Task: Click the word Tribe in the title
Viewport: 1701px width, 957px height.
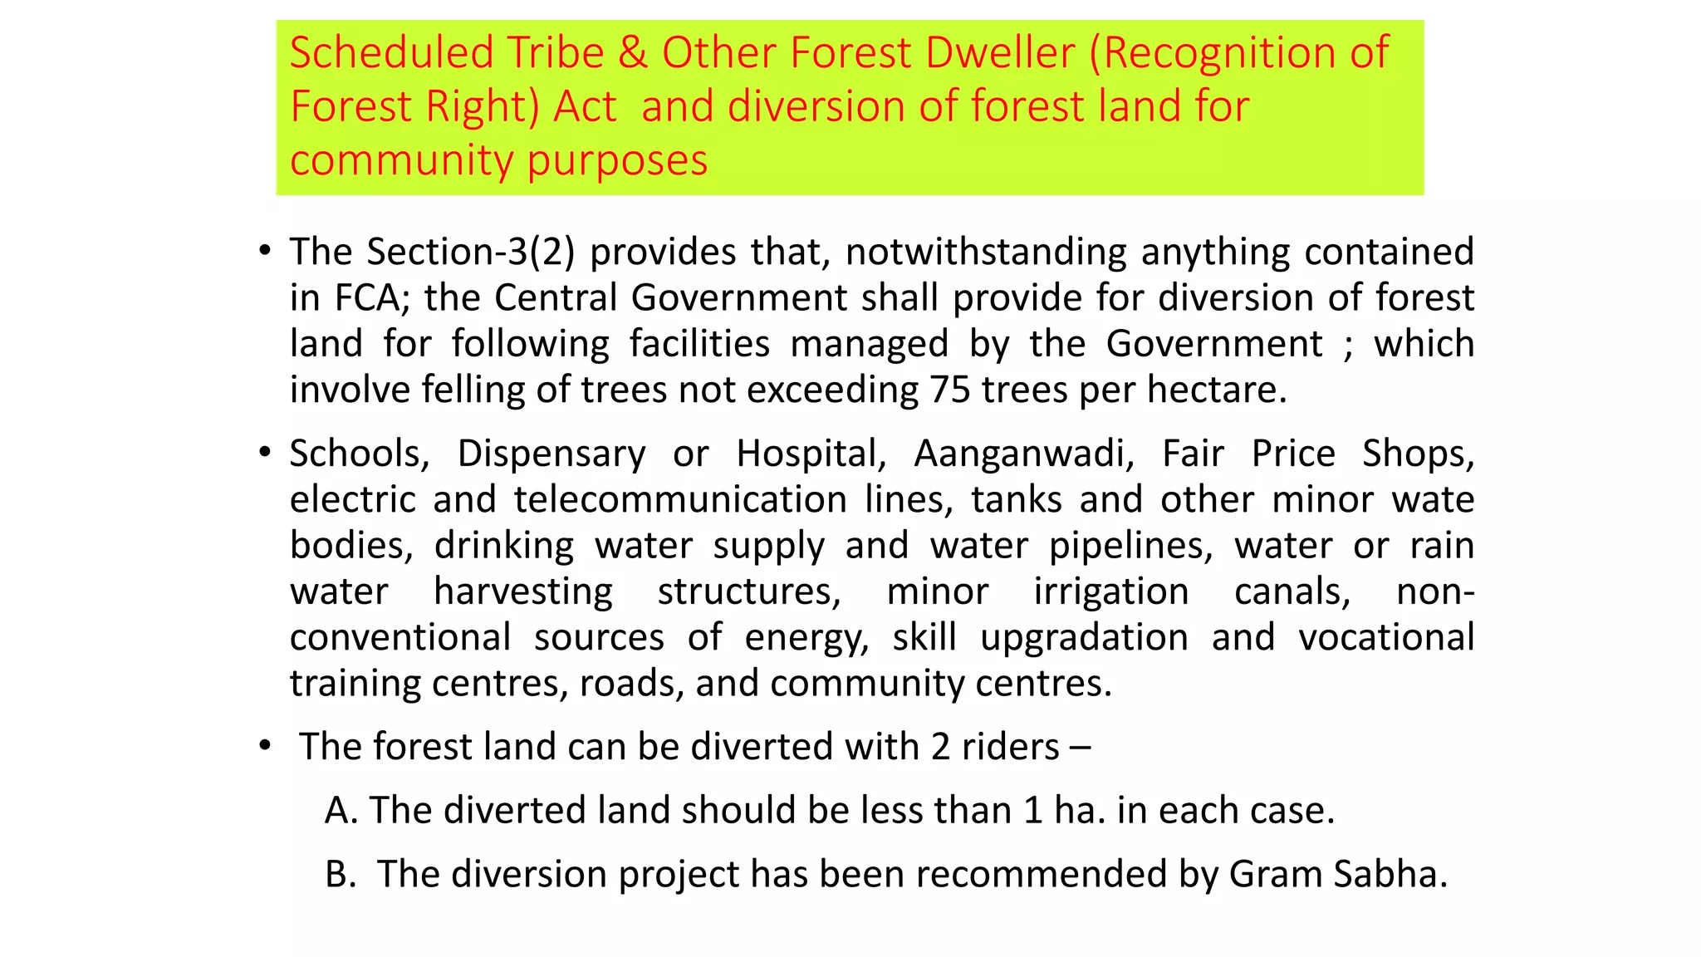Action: [x=556, y=52]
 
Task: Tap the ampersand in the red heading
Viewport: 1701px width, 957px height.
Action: [x=632, y=52]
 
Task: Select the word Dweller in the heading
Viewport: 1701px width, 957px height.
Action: [x=1000, y=52]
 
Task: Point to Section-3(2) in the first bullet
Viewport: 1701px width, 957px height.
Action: [x=471, y=252]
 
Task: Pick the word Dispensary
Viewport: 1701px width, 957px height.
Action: [x=551, y=454]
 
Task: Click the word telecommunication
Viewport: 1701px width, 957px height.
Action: [x=680, y=499]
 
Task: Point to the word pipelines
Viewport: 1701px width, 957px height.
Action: [x=1130, y=546]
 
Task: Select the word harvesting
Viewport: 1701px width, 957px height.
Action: [x=523, y=591]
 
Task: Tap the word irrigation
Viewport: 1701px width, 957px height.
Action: [x=1111, y=591]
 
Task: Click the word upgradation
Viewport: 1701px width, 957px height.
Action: [x=1084, y=637]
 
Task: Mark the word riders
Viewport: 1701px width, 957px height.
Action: [x=1010, y=746]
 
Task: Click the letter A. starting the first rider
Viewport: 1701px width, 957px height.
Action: [x=341, y=810]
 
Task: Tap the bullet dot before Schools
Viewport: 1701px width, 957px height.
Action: [x=264, y=452]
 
